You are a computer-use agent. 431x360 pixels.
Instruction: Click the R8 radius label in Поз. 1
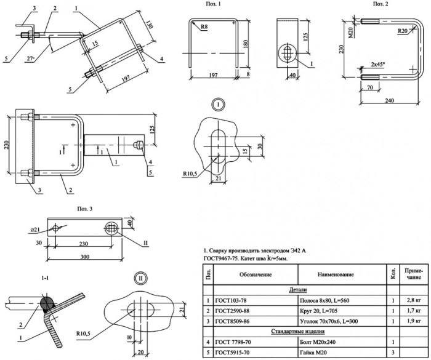[204, 26]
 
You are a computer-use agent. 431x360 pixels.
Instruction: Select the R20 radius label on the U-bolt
[403, 31]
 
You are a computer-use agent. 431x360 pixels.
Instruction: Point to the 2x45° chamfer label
[377, 64]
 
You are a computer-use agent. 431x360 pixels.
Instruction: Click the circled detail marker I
[218, 105]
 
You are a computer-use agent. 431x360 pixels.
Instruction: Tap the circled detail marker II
[141, 278]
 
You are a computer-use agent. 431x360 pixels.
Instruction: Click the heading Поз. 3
[85, 209]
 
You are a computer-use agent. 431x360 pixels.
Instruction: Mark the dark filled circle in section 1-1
[47, 303]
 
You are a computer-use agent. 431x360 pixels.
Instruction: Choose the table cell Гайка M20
[313, 352]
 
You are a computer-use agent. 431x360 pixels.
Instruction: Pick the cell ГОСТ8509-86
[232, 321]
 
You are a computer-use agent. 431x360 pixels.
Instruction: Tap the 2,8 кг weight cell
[414, 300]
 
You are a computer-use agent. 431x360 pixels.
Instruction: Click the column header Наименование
[336, 274]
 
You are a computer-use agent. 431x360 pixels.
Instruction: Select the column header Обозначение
[256, 274]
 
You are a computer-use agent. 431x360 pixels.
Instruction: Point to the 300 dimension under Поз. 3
[85, 257]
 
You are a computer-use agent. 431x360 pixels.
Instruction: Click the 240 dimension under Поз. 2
[389, 100]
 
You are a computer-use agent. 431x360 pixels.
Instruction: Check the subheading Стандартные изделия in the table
[298, 331]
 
